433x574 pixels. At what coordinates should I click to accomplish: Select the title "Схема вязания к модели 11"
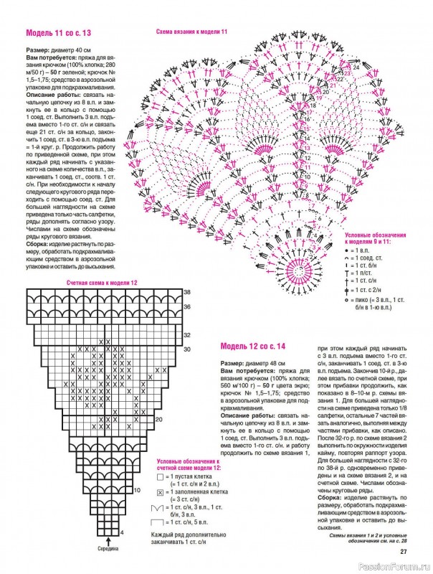coord(191,32)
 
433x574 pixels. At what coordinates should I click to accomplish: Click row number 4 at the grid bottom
coord(122,532)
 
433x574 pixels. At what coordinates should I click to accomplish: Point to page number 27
coord(404,552)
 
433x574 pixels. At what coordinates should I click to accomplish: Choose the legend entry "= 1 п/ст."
coord(367,273)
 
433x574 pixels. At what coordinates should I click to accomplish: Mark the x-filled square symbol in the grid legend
coord(160,493)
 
